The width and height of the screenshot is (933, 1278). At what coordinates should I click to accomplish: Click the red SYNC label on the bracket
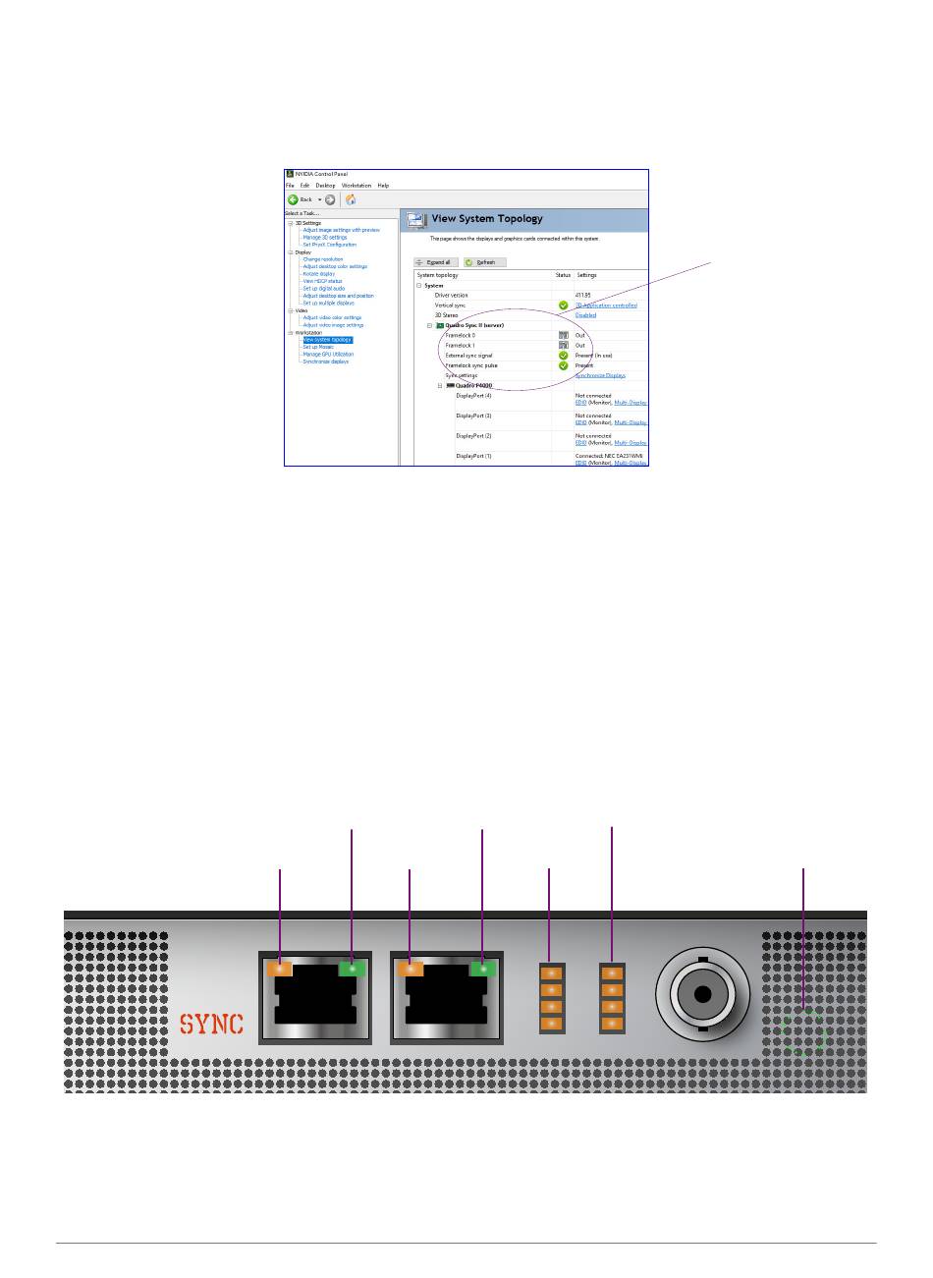211,1023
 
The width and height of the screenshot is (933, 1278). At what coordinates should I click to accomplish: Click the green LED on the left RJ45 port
352,969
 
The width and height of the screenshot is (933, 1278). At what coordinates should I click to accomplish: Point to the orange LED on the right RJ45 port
410,969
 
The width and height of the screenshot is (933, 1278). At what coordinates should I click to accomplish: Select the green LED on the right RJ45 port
482,969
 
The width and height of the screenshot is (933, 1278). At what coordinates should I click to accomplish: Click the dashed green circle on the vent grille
804,1031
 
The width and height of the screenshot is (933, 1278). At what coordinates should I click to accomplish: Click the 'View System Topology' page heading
487,219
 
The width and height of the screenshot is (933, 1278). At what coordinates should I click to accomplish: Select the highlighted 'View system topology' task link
327,340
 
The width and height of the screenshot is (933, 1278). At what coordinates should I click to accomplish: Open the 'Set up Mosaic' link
318,347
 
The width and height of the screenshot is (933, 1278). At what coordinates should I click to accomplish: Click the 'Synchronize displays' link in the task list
325,361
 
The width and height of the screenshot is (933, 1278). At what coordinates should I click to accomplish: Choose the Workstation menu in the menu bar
357,185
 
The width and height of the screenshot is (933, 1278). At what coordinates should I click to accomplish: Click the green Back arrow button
293,199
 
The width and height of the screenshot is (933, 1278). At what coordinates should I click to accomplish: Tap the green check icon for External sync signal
564,356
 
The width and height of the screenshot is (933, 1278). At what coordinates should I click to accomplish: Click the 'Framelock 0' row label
460,335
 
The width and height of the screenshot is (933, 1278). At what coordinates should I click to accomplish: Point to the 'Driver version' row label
452,295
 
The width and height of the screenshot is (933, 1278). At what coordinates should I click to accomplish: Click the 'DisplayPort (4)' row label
473,396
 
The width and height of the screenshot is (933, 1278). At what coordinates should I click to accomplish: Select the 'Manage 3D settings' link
324,237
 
